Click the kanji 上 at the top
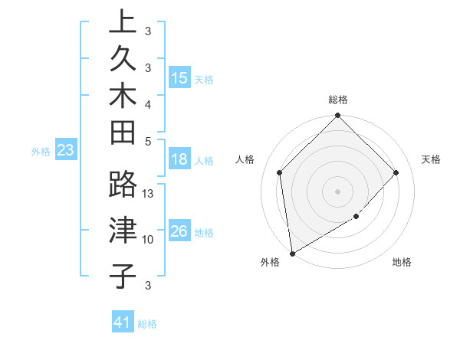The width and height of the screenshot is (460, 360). click(x=123, y=21)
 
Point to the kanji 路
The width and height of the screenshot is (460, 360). click(x=123, y=185)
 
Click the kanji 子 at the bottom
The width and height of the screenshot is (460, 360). click(x=123, y=275)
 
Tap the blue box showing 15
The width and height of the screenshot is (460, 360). click(x=179, y=78)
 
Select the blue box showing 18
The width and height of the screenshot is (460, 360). click(x=179, y=160)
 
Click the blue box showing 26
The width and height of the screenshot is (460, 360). click(x=179, y=231)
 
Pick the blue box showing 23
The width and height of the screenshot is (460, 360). click(x=66, y=151)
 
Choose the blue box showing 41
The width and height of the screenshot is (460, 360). click(x=123, y=322)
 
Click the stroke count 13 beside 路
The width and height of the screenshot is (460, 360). click(x=149, y=194)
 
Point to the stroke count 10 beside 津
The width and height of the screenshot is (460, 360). click(x=149, y=240)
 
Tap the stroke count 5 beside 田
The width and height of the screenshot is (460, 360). click(x=148, y=141)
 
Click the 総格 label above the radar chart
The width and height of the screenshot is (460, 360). click(x=338, y=100)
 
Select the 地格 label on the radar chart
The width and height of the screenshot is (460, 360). click(x=402, y=263)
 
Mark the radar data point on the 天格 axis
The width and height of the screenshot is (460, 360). click(x=396, y=172)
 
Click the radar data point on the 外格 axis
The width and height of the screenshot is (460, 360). click(x=292, y=253)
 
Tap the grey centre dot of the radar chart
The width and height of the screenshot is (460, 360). click(x=338, y=191)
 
